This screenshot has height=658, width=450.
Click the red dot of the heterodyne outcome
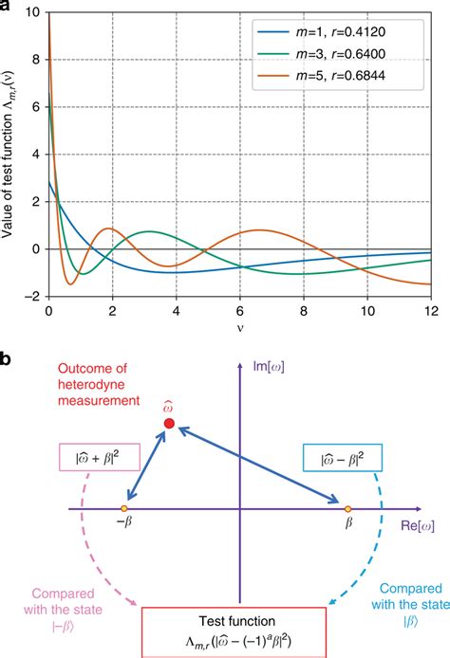point(169,424)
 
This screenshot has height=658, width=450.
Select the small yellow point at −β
point(126,509)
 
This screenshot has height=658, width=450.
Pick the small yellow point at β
point(347,509)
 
